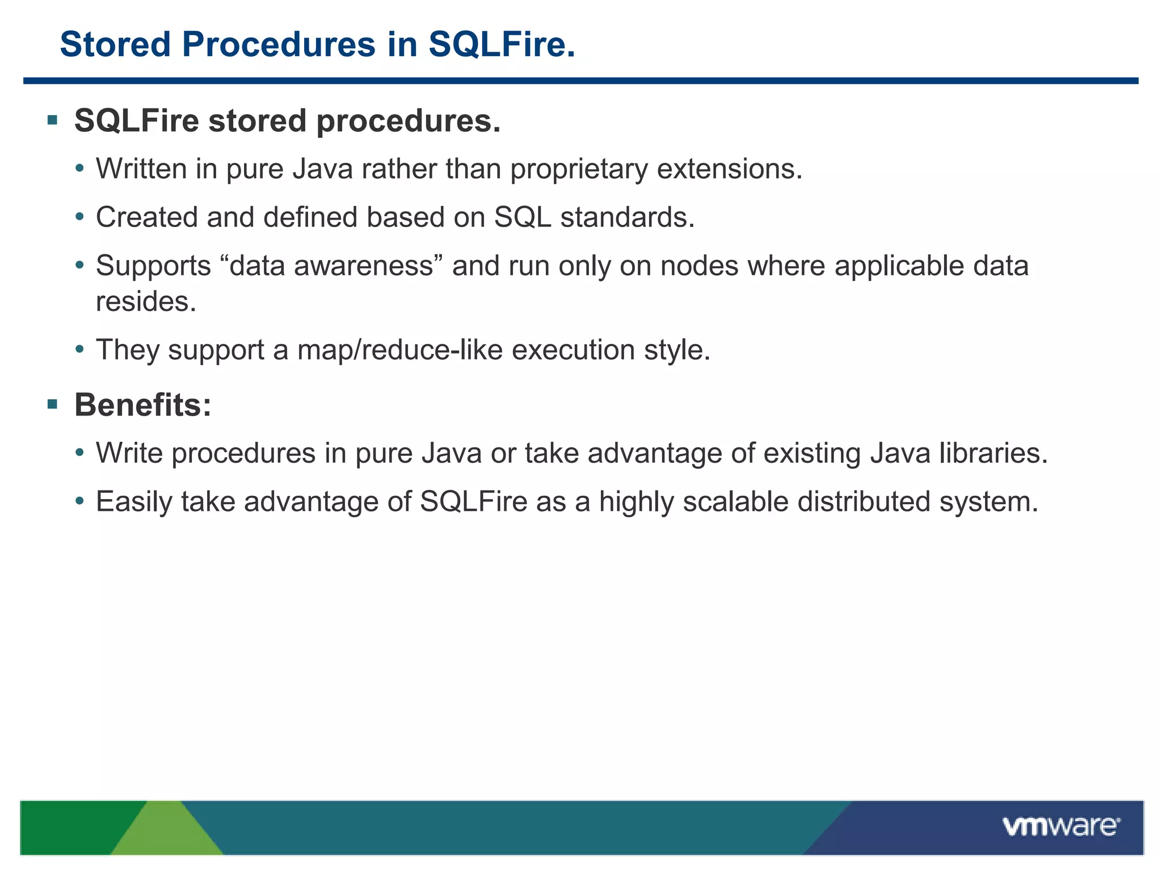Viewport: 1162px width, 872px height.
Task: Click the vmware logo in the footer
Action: click(1060, 827)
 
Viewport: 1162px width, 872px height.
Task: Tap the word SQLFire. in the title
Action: click(502, 44)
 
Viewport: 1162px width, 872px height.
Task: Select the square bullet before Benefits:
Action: click(53, 404)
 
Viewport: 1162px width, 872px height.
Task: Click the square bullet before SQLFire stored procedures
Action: click(53, 120)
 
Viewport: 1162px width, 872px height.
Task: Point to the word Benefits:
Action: click(142, 405)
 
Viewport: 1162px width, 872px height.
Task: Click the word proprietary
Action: click(579, 170)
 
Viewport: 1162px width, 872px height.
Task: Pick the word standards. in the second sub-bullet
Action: click(628, 217)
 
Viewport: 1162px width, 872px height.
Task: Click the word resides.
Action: click(146, 301)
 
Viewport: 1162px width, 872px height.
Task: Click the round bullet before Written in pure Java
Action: click(80, 169)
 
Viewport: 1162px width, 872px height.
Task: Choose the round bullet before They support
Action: click(80, 349)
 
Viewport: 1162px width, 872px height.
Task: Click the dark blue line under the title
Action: click(580, 81)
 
